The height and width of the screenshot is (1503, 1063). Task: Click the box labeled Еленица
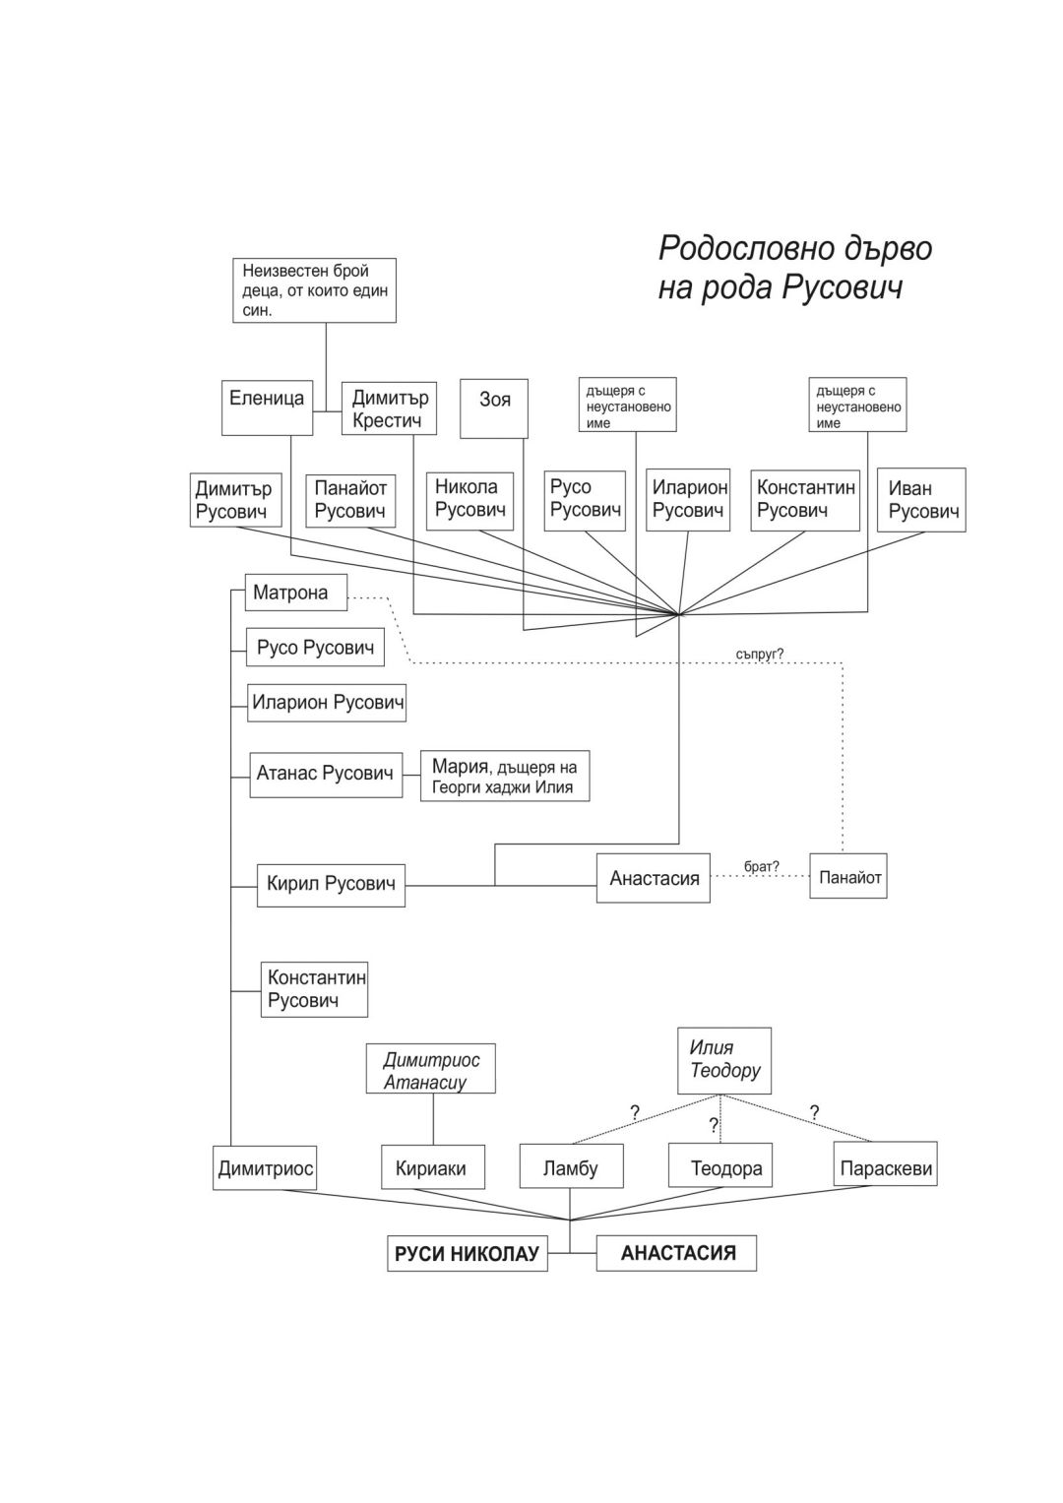[x=267, y=407]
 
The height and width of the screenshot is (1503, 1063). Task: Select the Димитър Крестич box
[x=389, y=408]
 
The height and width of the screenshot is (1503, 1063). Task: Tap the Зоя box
[x=494, y=407]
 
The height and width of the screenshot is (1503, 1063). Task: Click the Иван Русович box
[x=921, y=500]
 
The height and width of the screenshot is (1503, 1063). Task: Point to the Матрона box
[x=295, y=593]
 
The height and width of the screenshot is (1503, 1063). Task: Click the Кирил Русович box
[x=331, y=884]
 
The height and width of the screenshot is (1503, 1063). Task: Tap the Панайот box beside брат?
[x=848, y=876]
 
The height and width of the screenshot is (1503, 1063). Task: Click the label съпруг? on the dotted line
[x=759, y=653]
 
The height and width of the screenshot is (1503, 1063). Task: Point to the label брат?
[x=762, y=866]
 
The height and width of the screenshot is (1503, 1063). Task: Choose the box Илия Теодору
[x=724, y=1060]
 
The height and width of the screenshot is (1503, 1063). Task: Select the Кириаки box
[x=432, y=1168]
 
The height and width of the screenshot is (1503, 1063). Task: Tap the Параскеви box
[x=885, y=1168]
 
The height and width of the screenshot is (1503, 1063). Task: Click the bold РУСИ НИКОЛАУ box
[x=467, y=1254]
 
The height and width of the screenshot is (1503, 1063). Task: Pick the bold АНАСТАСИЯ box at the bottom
[x=677, y=1253]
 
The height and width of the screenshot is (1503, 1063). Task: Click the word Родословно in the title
[x=738, y=247]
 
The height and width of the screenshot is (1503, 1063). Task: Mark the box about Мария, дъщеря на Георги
[x=504, y=777]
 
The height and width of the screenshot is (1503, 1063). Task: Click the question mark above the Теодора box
[x=714, y=1125]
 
